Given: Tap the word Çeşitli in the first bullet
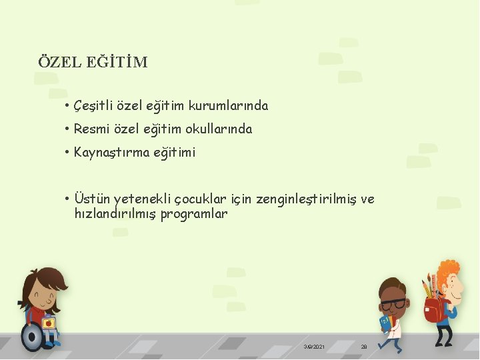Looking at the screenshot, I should point(93,106).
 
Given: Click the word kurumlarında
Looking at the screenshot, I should point(229,106).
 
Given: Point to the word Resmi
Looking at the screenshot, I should point(91,129).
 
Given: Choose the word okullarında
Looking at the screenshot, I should point(219,129).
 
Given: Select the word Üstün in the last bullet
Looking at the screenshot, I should point(92,199).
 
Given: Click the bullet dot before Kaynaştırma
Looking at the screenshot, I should point(68,153).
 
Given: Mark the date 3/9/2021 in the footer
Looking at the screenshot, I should point(314,347).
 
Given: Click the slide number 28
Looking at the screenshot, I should point(364,347).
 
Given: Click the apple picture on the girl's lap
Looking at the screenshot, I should point(49,323).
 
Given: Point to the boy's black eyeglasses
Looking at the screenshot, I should point(393,304).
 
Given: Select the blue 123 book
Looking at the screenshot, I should point(385,323).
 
